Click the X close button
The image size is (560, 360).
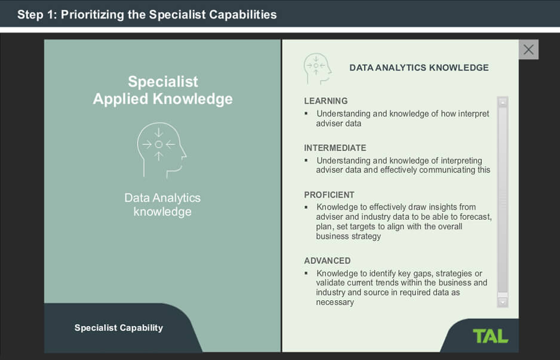pos(528,50)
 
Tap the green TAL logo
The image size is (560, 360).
pos(490,336)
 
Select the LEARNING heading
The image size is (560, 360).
pos(325,101)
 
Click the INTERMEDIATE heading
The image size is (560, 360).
pos(335,148)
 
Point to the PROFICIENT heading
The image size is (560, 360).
pos(329,195)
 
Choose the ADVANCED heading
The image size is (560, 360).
pos(327,261)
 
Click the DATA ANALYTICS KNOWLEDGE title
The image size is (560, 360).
pos(419,67)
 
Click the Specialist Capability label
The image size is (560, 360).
pos(119,328)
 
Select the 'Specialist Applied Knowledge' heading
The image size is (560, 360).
pos(162,90)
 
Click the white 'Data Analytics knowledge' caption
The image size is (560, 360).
pos(162,205)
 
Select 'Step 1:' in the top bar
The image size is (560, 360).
pos(37,14)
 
